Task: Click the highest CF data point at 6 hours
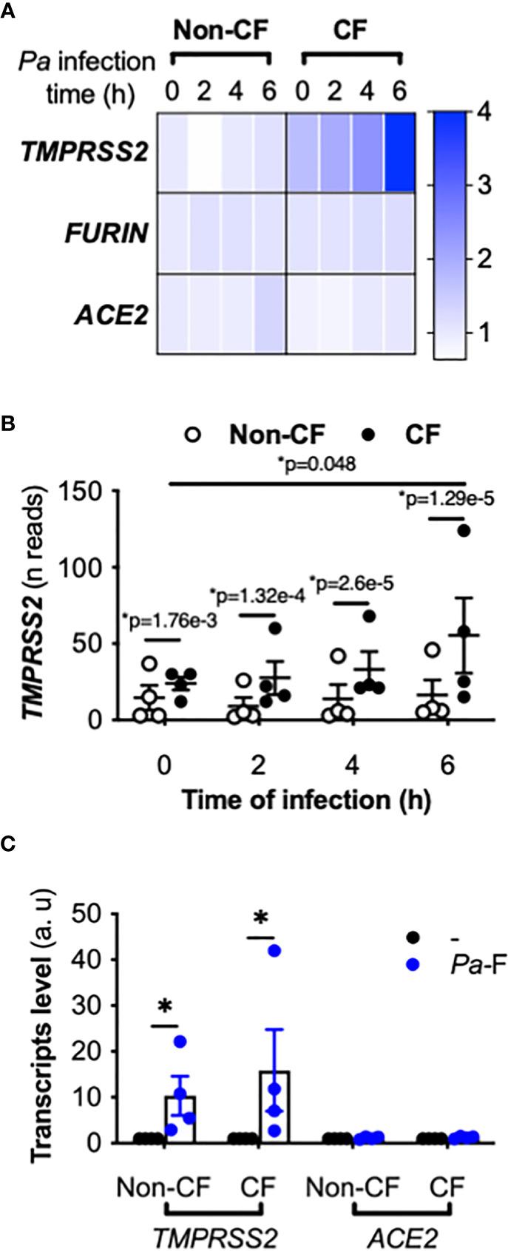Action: pyautogui.click(x=464, y=530)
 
